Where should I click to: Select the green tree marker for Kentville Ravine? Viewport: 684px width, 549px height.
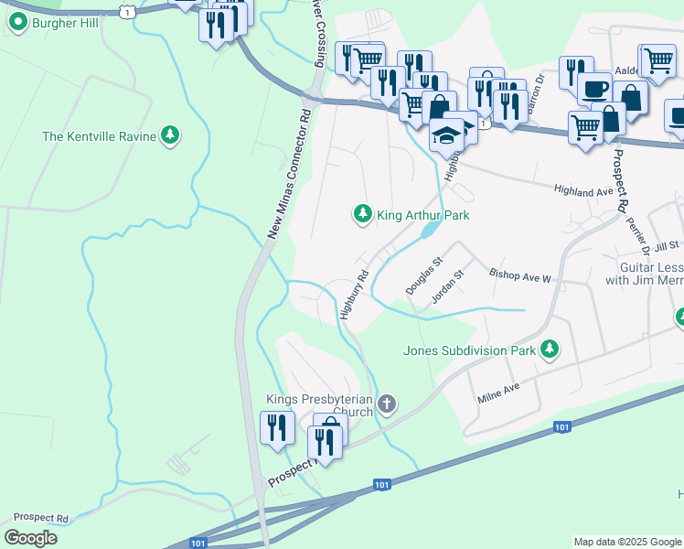(x=169, y=135)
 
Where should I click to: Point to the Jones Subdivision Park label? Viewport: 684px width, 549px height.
(x=469, y=349)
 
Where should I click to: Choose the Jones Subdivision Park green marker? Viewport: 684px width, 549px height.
(x=550, y=349)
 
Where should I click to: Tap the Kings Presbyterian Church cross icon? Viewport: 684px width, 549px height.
(x=387, y=404)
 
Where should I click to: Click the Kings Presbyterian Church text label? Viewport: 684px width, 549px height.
(x=319, y=405)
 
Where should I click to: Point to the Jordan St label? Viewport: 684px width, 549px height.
(x=448, y=285)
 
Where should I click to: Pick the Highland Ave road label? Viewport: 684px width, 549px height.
(x=582, y=190)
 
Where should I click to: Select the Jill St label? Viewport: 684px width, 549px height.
(x=668, y=245)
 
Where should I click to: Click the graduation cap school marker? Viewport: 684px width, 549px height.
(x=447, y=135)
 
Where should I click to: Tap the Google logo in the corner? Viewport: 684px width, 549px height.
(x=30, y=538)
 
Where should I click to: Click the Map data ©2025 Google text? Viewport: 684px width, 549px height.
(x=626, y=542)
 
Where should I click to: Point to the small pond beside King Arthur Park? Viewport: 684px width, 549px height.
(x=426, y=232)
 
